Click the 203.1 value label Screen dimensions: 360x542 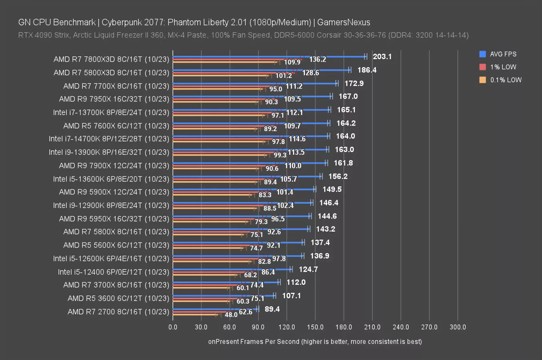(382, 56)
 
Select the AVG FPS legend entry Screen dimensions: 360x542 (503, 54)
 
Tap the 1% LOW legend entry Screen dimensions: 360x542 (503, 67)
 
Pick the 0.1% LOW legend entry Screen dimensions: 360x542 (506, 80)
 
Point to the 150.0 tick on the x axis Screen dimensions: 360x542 (315, 327)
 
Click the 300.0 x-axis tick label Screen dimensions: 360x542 (458, 327)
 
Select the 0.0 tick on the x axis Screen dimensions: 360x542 (173, 327)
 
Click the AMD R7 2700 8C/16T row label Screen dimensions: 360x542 (118, 312)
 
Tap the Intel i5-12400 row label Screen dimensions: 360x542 (113, 272)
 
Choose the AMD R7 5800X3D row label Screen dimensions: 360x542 (111, 72)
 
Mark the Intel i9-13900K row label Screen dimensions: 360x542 (109, 152)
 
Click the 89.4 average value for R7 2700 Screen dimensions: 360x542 (272, 309)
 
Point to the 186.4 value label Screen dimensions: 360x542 (367, 70)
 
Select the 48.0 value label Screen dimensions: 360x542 (231, 315)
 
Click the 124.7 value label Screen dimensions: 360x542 (308, 269)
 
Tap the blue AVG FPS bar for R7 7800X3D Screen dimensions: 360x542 (268, 57)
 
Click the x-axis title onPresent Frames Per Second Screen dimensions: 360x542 (315, 342)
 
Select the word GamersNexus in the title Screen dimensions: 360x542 (343, 22)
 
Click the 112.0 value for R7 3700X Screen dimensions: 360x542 (296, 282)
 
